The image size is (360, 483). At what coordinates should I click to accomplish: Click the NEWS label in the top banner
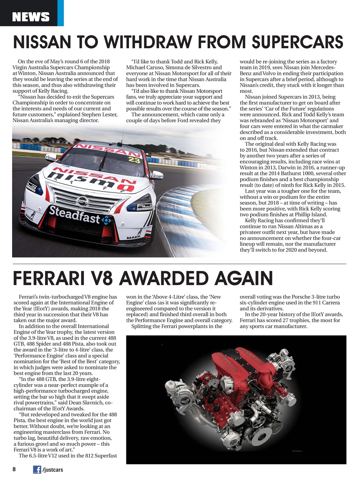pyautogui.click(x=31, y=17)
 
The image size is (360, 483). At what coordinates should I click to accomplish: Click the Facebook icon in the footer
pyautogui.click(x=37, y=469)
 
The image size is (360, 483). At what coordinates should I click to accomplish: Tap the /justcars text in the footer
pyautogui.click(x=53, y=470)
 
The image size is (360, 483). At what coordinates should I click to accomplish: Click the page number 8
pyautogui.click(x=14, y=469)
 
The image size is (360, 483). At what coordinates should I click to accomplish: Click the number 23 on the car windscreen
pyautogui.click(x=134, y=160)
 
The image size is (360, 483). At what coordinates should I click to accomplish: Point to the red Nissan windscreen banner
pyautogui.click(x=104, y=149)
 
